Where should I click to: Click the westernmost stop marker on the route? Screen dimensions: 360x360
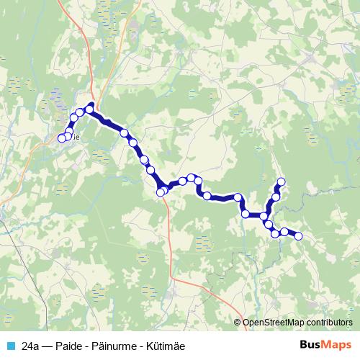coord(61,138)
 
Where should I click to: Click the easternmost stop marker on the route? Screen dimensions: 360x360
coord(298,236)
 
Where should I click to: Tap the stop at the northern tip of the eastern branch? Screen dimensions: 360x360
coord(282,181)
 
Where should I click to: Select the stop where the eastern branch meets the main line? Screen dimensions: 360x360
coord(264,216)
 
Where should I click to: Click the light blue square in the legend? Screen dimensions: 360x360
coord(10,346)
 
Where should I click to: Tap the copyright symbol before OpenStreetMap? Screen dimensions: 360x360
coord(238,323)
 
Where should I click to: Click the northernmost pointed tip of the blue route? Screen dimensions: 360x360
coord(91,105)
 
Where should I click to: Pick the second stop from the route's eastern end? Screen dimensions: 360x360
coord(284,232)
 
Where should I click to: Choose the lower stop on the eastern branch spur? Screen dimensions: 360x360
coord(276,197)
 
